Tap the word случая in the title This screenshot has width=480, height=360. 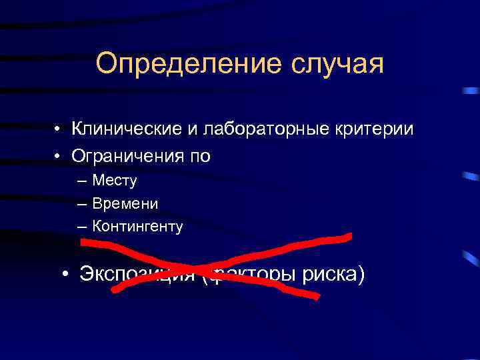coord(337,65)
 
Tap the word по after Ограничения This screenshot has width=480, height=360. coord(199,156)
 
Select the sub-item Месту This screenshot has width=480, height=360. coord(115,180)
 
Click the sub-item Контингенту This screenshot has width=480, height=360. coord(137,227)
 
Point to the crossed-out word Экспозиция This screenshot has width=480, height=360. coord(137,273)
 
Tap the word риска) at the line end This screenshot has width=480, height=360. coord(333,273)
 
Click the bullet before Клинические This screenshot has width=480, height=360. coord(59,129)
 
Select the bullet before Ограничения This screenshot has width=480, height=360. coord(59,157)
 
